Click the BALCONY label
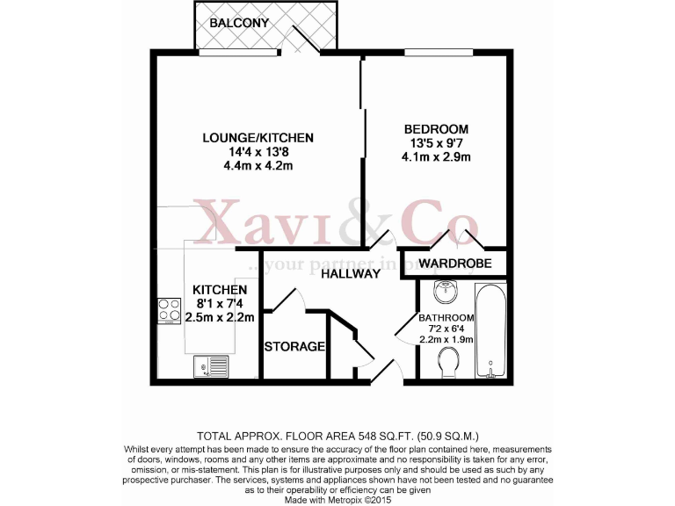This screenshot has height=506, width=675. click(239, 22)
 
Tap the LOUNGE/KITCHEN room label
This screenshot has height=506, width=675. click(258, 138)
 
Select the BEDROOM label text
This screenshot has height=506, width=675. click(436, 129)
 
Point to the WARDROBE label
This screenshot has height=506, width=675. click(454, 264)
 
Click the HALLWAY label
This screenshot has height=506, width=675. click(350, 273)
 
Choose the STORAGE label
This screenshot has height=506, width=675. click(295, 346)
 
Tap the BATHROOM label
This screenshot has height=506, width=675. click(446, 318)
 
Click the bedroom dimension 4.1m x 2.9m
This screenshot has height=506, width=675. click(436, 158)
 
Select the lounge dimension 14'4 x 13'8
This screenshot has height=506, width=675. click(258, 152)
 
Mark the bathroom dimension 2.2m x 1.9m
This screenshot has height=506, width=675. click(446, 339)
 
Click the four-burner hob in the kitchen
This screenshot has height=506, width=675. click(168, 311)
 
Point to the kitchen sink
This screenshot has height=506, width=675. click(211, 365)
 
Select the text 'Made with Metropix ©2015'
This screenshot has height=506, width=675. click(337, 499)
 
